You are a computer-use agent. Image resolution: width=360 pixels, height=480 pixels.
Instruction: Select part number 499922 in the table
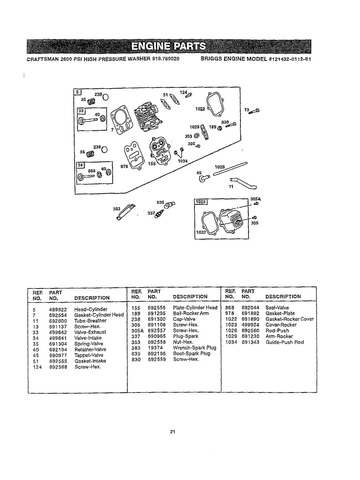(58, 309)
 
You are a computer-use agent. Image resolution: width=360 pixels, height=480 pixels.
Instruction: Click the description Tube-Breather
(91, 321)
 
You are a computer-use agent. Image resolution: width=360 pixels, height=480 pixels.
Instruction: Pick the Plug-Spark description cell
(186, 336)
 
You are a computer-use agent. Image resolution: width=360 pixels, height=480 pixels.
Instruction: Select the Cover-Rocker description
(281, 325)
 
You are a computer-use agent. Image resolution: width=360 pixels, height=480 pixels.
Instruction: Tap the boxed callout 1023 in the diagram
(200, 201)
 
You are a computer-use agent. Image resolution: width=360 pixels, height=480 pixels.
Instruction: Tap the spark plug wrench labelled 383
(125, 211)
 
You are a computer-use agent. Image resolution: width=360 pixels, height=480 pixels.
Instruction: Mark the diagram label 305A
(255, 199)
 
